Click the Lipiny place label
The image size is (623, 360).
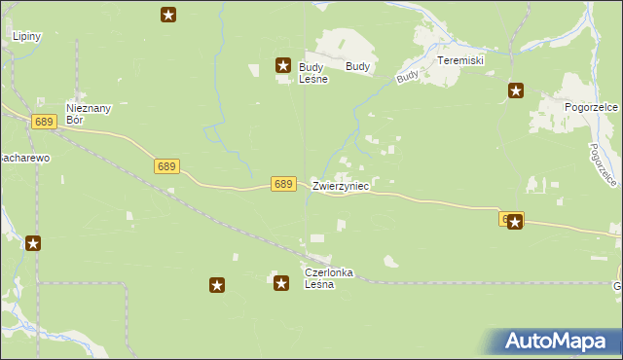pyautogui.click(x=26, y=36)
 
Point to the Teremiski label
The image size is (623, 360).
pyautogui.click(x=460, y=60)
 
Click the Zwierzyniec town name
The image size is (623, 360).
pyautogui.click(x=340, y=185)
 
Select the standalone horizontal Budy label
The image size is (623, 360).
pyautogui.click(x=358, y=67)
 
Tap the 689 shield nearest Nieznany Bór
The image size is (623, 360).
pyautogui.click(x=43, y=122)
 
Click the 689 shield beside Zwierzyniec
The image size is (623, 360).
pyautogui.click(x=283, y=184)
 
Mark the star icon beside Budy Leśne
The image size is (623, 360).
pyautogui.click(x=282, y=66)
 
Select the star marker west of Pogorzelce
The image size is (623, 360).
pyautogui.click(x=516, y=91)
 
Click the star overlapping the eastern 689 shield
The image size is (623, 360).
pyautogui.click(x=516, y=222)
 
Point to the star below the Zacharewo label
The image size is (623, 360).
pyautogui.click(x=33, y=243)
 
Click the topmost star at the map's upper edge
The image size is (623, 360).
pyautogui.click(x=168, y=14)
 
